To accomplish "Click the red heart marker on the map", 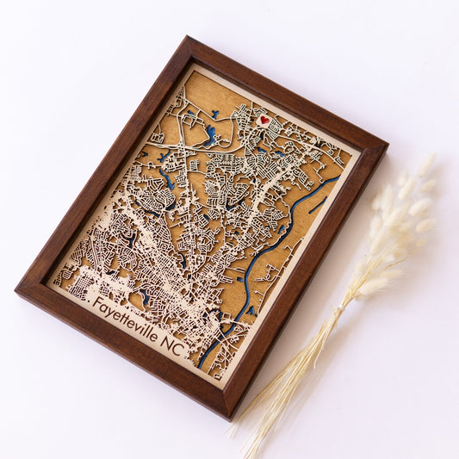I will [264, 121].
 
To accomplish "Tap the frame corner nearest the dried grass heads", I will [386, 144].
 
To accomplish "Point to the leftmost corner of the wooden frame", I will [16, 283].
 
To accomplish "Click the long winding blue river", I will [258, 258].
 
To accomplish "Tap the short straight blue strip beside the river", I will [318, 204].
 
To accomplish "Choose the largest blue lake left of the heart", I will [209, 135].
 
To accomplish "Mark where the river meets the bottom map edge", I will [199, 366].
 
